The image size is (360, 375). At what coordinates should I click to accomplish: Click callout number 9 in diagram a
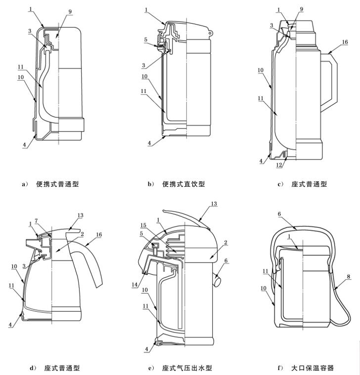pyautogui.click(x=70, y=11)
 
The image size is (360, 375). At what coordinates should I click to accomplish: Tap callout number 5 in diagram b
pyautogui.click(x=146, y=40)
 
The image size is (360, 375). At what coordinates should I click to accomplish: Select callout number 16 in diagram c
pyautogui.click(x=345, y=42)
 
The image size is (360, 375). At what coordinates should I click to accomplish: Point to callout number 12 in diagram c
pyautogui.click(x=279, y=165)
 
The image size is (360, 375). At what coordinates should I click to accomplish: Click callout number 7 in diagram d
pyautogui.click(x=36, y=221)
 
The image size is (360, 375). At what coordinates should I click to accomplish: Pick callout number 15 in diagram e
pyautogui.click(x=143, y=225)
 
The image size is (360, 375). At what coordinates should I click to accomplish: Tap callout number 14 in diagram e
pyautogui.click(x=135, y=285)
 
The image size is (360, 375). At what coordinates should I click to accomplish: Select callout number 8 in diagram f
pyautogui.click(x=348, y=277)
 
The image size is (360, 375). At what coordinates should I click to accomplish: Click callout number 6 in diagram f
pyautogui.click(x=279, y=214)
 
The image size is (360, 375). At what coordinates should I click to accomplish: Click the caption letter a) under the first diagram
pyautogui.click(x=25, y=184)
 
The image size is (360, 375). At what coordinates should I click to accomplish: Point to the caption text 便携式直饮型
pyautogui.click(x=183, y=184)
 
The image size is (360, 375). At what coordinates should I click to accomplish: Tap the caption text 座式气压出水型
pyautogui.click(x=187, y=368)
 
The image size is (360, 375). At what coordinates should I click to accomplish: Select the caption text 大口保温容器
pyautogui.click(x=313, y=368)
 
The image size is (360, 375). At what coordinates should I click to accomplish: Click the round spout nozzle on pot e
pyautogui.click(x=218, y=280)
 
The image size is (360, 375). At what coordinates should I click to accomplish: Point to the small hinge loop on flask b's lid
pyautogui.click(x=210, y=33)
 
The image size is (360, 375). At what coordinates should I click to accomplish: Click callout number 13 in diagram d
pyautogui.click(x=80, y=215)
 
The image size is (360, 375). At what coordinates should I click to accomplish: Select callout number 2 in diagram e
pyautogui.click(x=225, y=243)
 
